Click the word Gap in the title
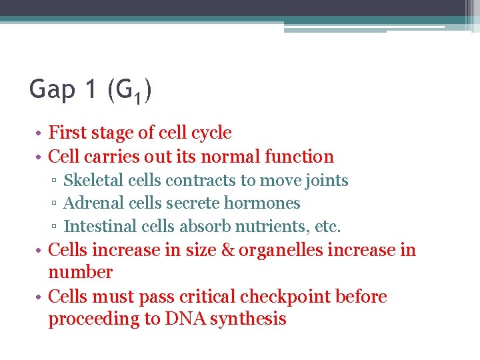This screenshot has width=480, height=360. [x=53, y=89]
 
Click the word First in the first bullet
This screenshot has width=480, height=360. [x=67, y=133]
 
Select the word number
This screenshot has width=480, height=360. [x=81, y=273]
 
